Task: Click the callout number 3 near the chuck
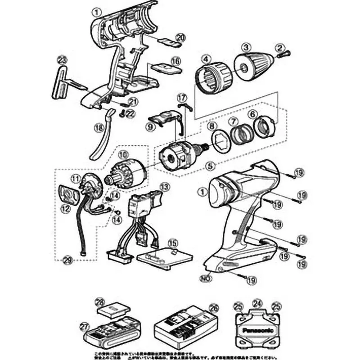tap(246, 46)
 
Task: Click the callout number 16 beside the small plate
tap(175, 60)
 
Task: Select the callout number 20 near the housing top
tap(180, 37)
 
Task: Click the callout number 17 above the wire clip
tap(181, 97)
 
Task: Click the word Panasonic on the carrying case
tap(258, 330)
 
